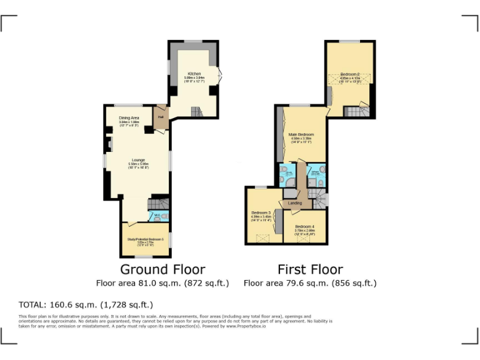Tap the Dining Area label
click(129, 117)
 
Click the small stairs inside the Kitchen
click(197, 112)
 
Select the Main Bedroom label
click(301, 134)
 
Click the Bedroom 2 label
click(349, 74)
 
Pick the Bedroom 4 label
click(304, 226)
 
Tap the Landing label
click(295, 203)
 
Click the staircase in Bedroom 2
click(356, 112)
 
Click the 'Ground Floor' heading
click(162, 269)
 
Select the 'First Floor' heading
click(310, 269)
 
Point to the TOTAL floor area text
click(86, 305)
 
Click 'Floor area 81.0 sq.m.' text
click(162, 283)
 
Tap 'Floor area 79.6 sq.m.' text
click(310, 283)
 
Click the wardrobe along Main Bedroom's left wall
click(278, 136)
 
